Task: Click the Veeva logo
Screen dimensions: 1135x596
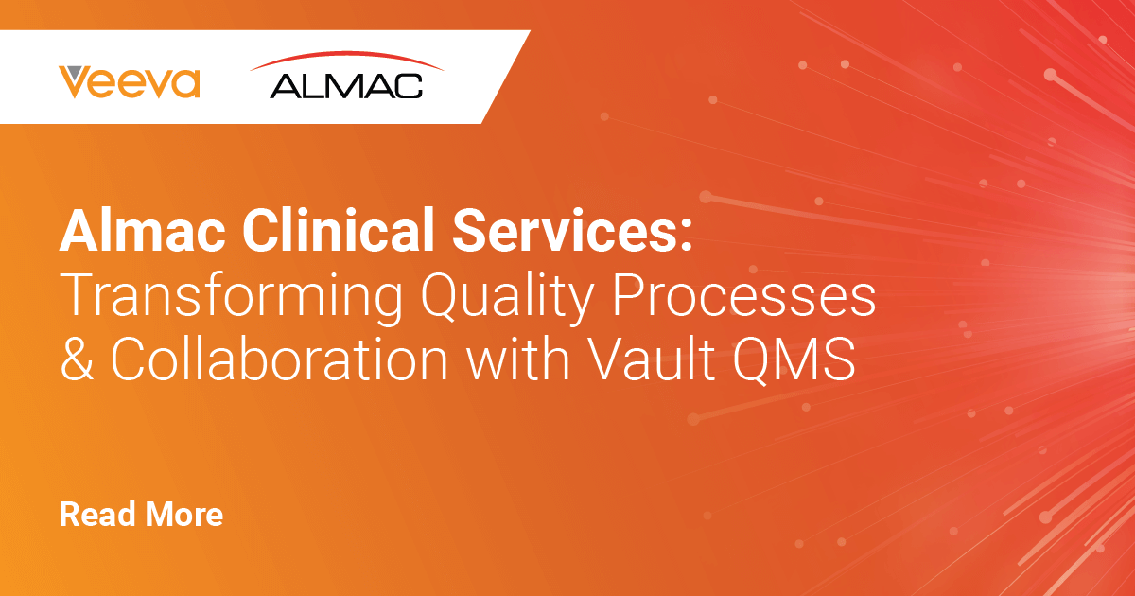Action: [130, 81]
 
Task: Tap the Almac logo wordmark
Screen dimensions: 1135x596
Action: [346, 86]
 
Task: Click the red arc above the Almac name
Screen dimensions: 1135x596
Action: [346, 59]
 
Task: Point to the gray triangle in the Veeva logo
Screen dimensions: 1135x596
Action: [76, 73]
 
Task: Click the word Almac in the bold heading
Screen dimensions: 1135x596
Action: [143, 230]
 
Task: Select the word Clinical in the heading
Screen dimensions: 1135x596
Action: [338, 230]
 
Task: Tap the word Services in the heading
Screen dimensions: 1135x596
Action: [565, 230]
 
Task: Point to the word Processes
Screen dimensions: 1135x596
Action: [744, 294]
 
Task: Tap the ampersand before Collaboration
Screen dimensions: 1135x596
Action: [77, 358]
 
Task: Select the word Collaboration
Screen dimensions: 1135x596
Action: [279, 358]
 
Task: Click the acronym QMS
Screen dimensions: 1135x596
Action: [794, 359]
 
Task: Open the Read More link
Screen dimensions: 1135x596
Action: [141, 514]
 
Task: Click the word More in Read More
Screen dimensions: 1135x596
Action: [184, 514]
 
